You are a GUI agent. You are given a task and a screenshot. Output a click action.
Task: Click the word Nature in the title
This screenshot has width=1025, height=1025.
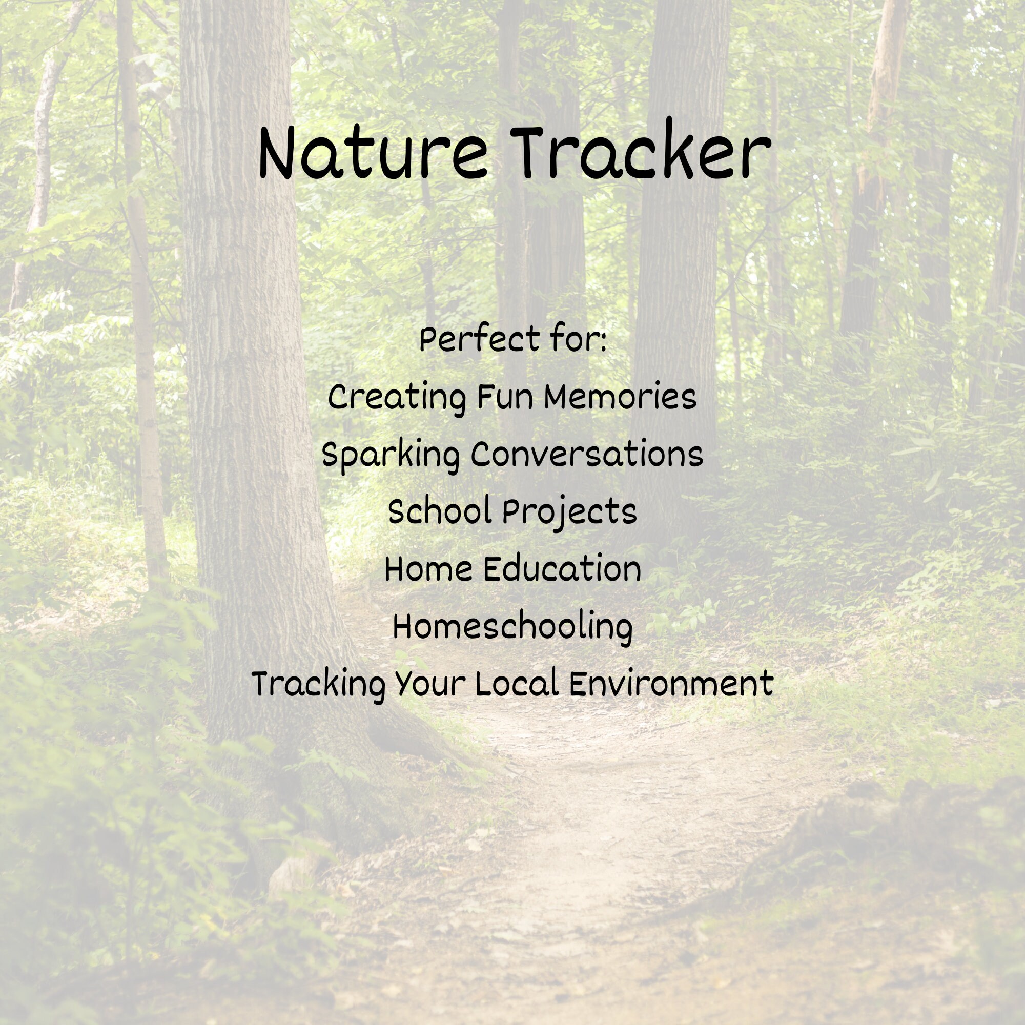[373, 154]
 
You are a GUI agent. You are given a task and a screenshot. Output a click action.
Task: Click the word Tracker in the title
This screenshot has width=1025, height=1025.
[640, 151]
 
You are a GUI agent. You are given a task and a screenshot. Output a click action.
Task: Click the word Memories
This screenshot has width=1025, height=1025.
[620, 397]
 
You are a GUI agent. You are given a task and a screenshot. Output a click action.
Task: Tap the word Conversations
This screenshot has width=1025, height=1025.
[587, 455]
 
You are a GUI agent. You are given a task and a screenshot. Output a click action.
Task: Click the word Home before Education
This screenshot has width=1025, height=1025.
[428, 569]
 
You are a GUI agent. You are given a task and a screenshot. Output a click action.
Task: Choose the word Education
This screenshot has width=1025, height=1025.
[562, 569]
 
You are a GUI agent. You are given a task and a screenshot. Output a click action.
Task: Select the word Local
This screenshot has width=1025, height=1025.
[517, 683]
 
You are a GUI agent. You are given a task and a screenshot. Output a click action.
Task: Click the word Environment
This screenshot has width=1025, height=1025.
[671, 683]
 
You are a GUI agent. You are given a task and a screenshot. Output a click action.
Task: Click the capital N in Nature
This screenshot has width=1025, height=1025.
[276, 154]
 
